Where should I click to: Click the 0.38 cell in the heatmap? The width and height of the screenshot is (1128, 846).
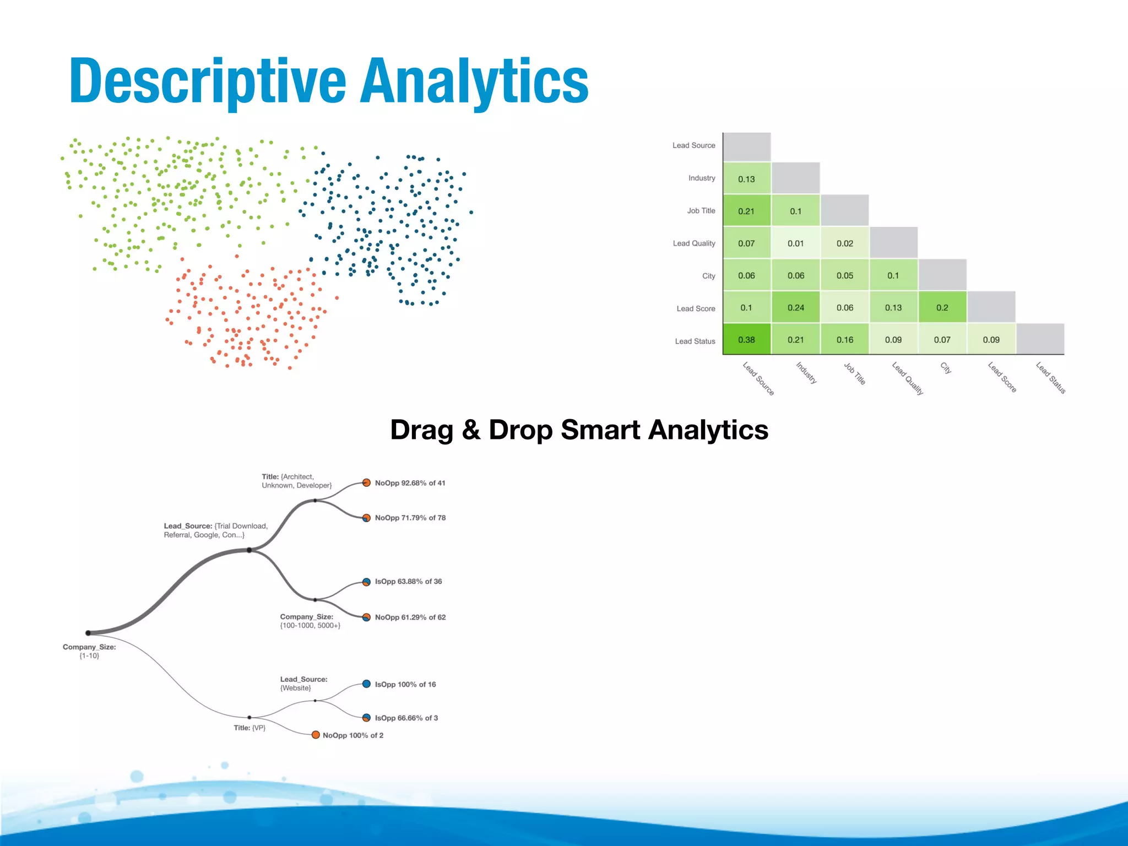[746, 340]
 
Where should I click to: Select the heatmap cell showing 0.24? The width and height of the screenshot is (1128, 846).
[795, 307]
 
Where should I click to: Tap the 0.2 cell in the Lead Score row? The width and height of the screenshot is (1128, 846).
[942, 307]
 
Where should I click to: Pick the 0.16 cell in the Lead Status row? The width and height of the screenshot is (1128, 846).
[844, 340]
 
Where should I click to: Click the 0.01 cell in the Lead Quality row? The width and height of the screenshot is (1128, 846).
[795, 243]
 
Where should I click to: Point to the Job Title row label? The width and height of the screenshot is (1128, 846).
[701, 210]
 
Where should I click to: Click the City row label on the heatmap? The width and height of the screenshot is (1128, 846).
[708, 276]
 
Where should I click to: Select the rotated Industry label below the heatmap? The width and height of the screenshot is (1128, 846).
[806, 373]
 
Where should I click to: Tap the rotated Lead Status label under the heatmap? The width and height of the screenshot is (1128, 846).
[1050, 377]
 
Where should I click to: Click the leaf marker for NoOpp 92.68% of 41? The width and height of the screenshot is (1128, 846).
[366, 483]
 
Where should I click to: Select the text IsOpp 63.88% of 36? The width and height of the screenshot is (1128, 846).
[408, 582]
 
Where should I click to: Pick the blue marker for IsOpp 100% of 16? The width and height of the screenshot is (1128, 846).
[366, 684]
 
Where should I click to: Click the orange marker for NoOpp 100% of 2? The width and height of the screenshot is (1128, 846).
[316, 735]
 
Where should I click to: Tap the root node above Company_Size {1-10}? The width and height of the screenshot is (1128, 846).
[88, 633]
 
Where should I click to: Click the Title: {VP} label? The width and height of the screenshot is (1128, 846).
[250, 728]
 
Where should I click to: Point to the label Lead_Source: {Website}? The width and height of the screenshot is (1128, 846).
[303, 684]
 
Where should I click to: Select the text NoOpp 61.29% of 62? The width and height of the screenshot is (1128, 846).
[410, 617]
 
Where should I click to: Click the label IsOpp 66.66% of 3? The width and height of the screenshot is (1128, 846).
[406, 718]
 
